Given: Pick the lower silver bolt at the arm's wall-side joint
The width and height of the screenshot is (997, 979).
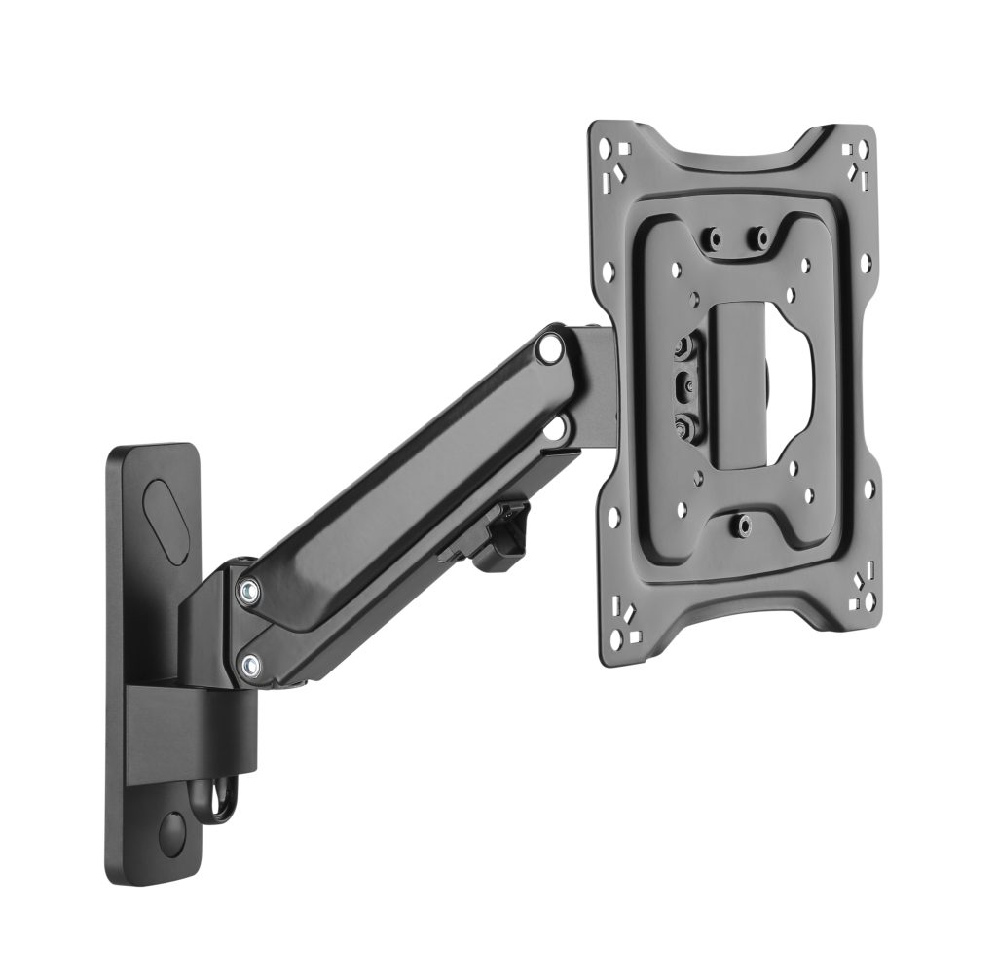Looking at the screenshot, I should point(253,666).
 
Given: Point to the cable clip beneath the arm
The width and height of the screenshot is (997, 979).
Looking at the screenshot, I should point(502,539).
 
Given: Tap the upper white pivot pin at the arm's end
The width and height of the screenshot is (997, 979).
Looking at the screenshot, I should point(551,346).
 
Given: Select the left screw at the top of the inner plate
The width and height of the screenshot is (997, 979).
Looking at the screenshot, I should point(715,236).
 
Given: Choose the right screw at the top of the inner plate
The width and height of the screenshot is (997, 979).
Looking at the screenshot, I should point(761,236).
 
